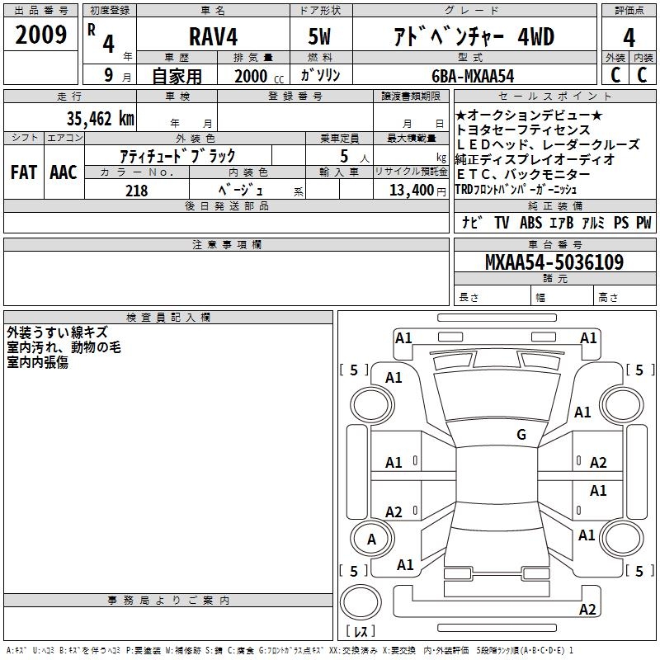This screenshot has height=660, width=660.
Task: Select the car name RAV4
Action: click(x=212, y=36)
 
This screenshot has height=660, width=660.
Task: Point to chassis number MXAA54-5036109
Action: click(x=554, y=262)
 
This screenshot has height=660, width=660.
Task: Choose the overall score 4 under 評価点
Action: click(x=629, y=37)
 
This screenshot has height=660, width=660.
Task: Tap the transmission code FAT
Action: click(x=24, y=172)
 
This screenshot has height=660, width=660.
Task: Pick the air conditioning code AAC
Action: click(x=64, y=172)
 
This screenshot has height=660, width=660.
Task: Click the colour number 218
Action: click(x=136, y=191)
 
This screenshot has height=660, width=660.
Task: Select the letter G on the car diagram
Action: click(x=521, y=435)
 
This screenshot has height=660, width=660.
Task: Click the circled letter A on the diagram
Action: click(x=370, y=540)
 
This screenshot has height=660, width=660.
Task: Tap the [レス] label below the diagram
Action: click(x=360, y=632)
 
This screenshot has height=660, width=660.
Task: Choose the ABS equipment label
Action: click(x=530, y=223)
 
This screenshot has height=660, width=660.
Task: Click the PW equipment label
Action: click(x=643, y=223)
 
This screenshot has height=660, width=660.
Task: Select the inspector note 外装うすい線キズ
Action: click(x=57, y=332)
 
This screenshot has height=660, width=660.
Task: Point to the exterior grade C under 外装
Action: click(x=615, y=75)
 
